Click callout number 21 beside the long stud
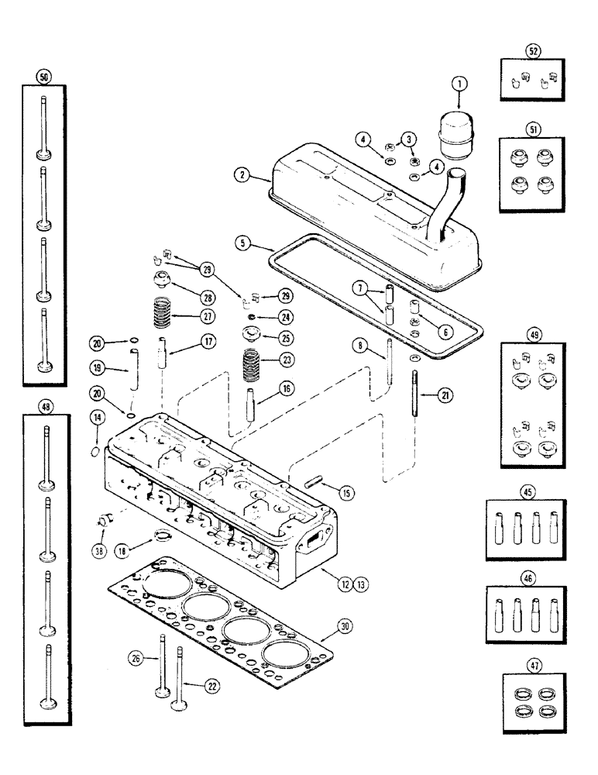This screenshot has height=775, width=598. point(445,395)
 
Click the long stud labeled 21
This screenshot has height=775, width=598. point(418,395)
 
